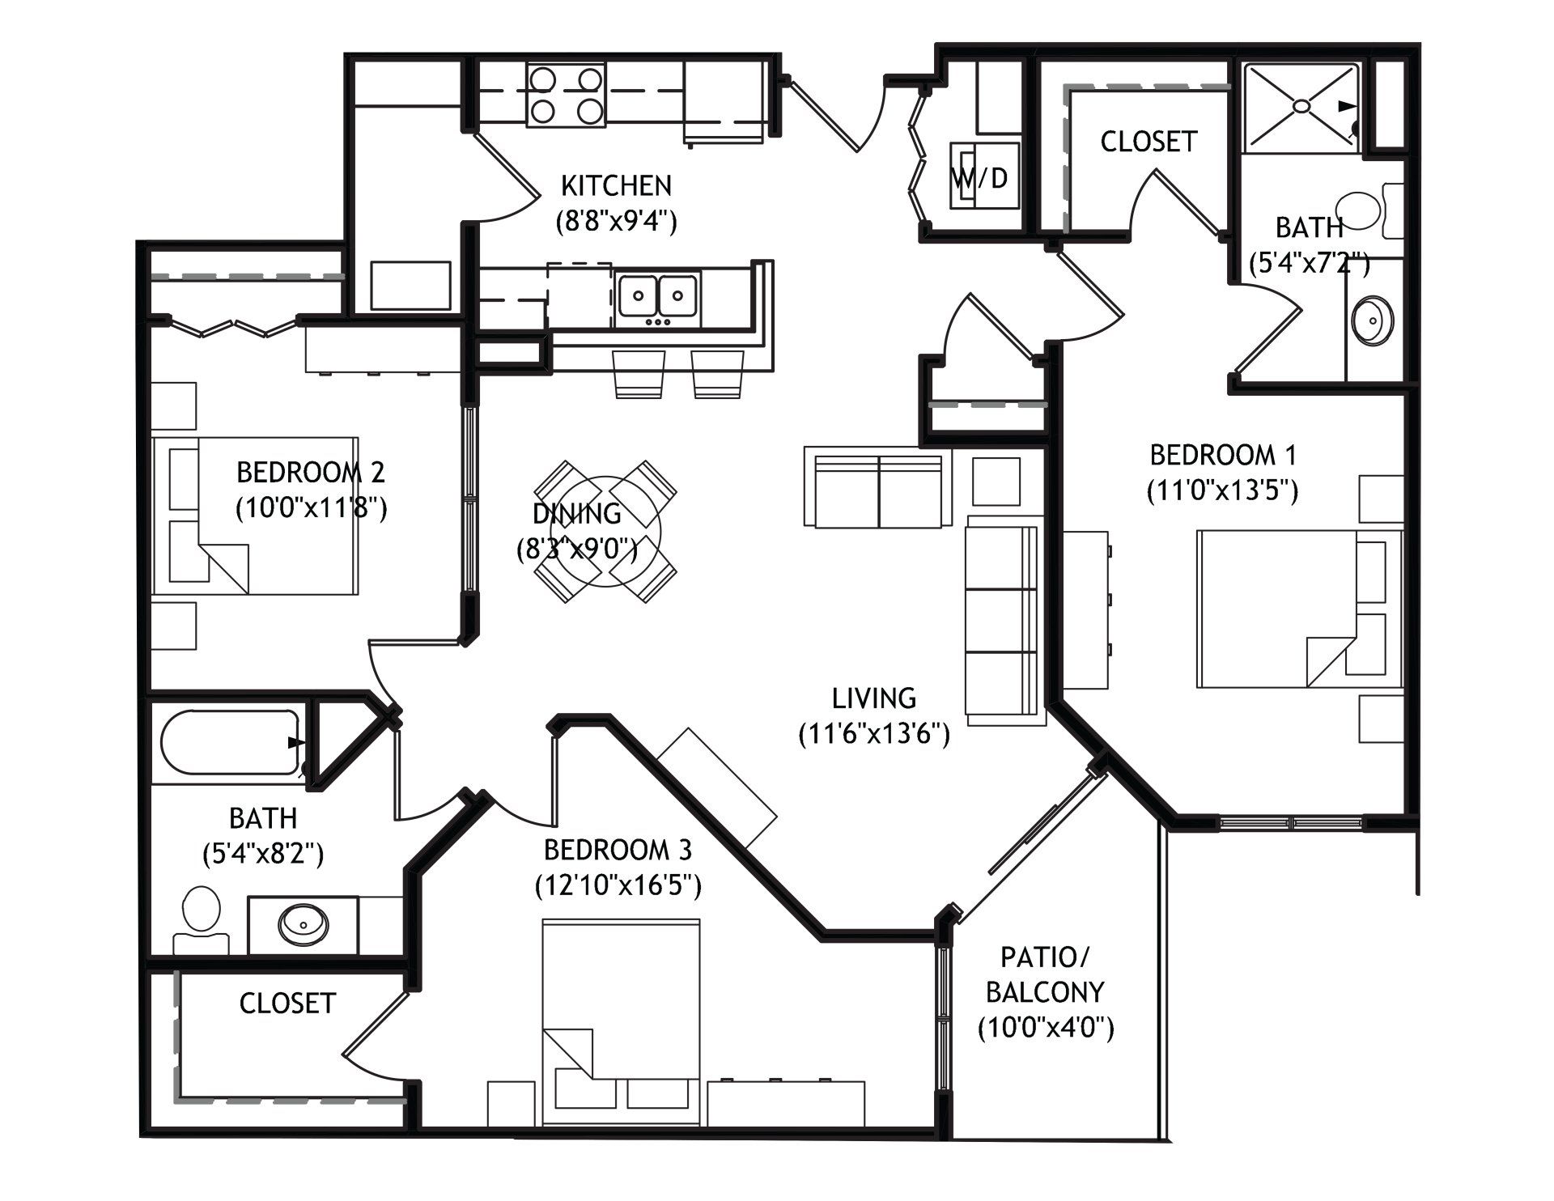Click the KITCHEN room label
tap(616, 186)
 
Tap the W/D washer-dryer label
tap(979, 178)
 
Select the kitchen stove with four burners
tap(567, 95)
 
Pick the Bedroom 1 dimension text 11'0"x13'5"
tap(1223, 490)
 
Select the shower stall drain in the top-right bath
tap(1301, 106)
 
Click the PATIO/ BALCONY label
tap(1045, 975)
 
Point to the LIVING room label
tap(874, 698)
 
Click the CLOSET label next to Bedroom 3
tap(287, 1004)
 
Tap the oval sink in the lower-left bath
tap(304, 923)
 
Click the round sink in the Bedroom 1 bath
tap(1373, 320)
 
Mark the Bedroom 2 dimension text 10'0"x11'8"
tap(311, 508)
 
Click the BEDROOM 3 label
tap(618, 851)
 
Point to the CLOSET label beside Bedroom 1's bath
tap(1149, 142)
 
